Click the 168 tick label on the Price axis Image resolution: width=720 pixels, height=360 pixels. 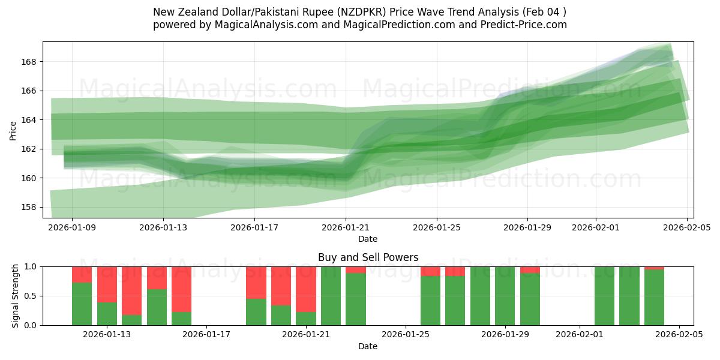(30, 62)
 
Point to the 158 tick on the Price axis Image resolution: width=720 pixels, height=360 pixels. (30, 207)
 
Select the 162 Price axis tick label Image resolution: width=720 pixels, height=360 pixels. (30, 149)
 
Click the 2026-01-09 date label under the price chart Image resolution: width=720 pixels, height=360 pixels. (72, 228)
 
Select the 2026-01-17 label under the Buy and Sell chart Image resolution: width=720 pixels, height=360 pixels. (206, 335)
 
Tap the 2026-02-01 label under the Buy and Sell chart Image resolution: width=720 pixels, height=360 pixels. (580, 335)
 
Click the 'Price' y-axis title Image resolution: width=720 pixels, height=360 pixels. (13, 130)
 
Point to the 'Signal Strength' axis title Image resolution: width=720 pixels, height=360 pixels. (16, 296)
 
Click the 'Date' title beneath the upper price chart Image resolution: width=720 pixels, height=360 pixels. (368, 239)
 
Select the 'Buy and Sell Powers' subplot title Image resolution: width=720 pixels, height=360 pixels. (368, 257)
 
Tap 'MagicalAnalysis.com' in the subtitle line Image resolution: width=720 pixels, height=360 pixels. (262, 25)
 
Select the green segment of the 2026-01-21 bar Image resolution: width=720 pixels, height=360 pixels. (306, 319)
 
